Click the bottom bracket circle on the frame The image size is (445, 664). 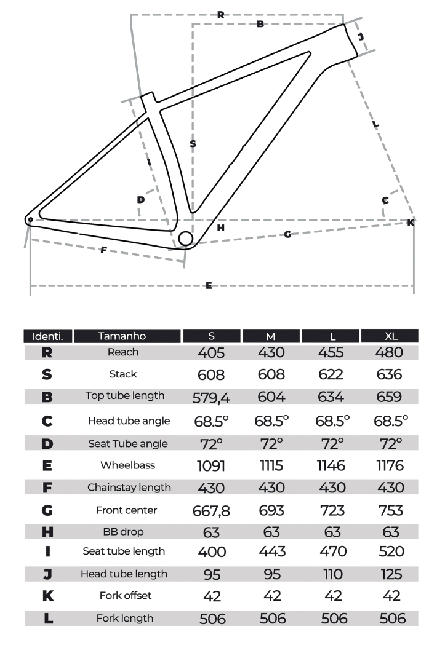(186, 239)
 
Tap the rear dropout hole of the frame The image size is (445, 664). (31, 219)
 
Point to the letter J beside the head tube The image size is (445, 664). (361, 36)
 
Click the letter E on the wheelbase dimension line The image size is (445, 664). (209, 285)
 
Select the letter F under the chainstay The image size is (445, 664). (103, 250)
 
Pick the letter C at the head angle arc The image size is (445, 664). (385, 200)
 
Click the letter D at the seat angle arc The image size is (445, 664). (141, 199)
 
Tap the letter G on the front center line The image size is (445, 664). (287, 234)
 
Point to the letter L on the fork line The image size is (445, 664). (375, 124)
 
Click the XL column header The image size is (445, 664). (390, 336)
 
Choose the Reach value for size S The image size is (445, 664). (211, 352)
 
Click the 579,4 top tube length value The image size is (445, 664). (211, 398)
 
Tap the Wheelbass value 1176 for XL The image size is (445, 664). (390, 466)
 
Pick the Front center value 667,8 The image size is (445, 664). (211, 511)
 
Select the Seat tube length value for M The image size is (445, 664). (271, 551)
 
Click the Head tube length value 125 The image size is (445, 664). (391, 574)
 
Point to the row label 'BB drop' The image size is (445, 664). (123, 531)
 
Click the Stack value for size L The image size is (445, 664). (331, 374)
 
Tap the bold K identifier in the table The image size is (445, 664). (48, 596)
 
